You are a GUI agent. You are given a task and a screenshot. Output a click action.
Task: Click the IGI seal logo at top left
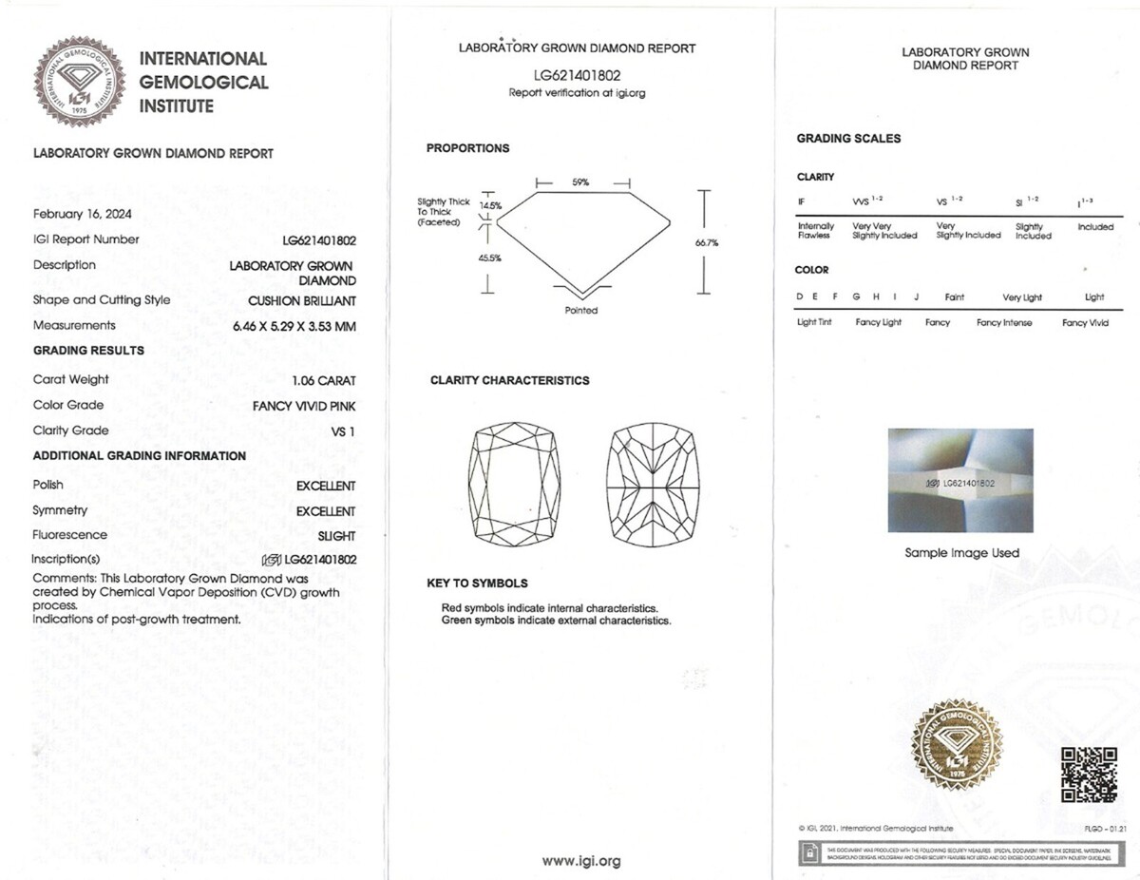[x=80, y=81]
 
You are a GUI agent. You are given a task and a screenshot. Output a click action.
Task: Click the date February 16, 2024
[x=83, y=214]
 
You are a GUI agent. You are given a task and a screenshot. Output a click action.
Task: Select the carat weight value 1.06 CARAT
[x=324, y=380]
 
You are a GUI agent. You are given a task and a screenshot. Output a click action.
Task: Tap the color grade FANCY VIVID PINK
[x=304, y=406]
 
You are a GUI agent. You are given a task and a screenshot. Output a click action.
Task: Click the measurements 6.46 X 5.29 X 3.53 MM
[x=294, y=326]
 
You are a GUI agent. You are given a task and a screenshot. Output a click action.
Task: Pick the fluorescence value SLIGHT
[x=337, y=536]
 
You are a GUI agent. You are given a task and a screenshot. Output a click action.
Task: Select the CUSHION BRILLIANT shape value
[x=302, y=300]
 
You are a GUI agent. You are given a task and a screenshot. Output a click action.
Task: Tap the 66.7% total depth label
[x=707, y=243]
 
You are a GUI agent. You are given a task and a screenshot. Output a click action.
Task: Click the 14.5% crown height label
[x=490, y=205]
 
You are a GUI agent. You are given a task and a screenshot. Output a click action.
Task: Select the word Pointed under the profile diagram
[x=581, y=311]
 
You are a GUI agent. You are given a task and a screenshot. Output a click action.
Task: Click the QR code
[x=1088, y=775]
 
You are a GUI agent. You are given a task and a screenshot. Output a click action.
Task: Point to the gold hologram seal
[x=957, y=744]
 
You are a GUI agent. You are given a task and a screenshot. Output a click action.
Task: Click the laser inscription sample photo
[x=960, y=481]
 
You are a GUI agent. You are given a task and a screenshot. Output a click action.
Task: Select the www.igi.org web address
[x=581, y=861]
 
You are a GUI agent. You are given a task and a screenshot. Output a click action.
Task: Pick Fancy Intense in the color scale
[x=1003, y=323]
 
